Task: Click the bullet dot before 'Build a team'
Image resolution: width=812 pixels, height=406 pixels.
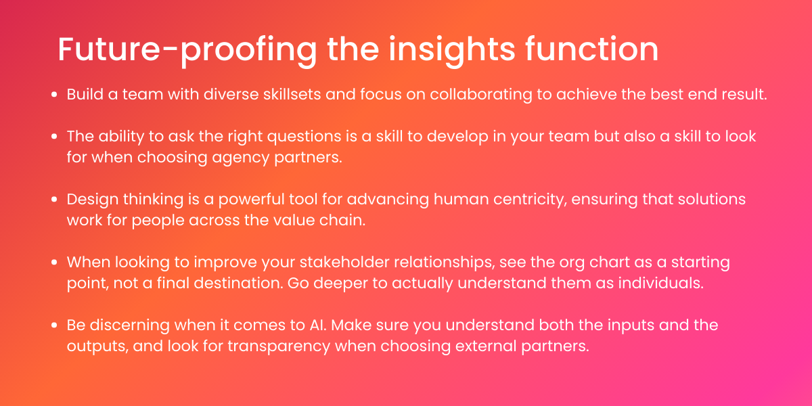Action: (54, 95)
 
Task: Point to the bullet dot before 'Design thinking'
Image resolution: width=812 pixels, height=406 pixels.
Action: (54, 200)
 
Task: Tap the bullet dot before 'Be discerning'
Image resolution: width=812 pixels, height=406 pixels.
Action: (54, 326)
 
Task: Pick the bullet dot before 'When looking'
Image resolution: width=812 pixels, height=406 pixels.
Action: (54, 263)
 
